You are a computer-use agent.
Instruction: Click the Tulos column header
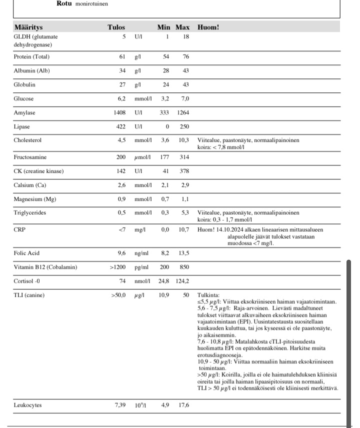[116, 27]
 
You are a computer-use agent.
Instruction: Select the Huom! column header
[208, 27]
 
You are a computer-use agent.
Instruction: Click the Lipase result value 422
[121, 127]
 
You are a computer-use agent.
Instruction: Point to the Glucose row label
[24, 99]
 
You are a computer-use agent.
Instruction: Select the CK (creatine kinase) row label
[38, 171]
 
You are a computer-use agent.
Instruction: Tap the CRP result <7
[121, 230]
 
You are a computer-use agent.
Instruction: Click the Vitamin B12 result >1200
[118, 267]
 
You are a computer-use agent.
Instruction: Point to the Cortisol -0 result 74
[122, 281]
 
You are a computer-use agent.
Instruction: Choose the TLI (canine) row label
[29, 295]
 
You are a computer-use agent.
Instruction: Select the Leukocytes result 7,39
[120, 405]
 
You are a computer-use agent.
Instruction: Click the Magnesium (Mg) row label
[35, 199]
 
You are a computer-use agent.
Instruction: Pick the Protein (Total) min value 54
[166, 56]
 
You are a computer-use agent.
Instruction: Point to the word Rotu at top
[64, 4]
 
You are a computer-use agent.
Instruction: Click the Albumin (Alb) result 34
[122, 70]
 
